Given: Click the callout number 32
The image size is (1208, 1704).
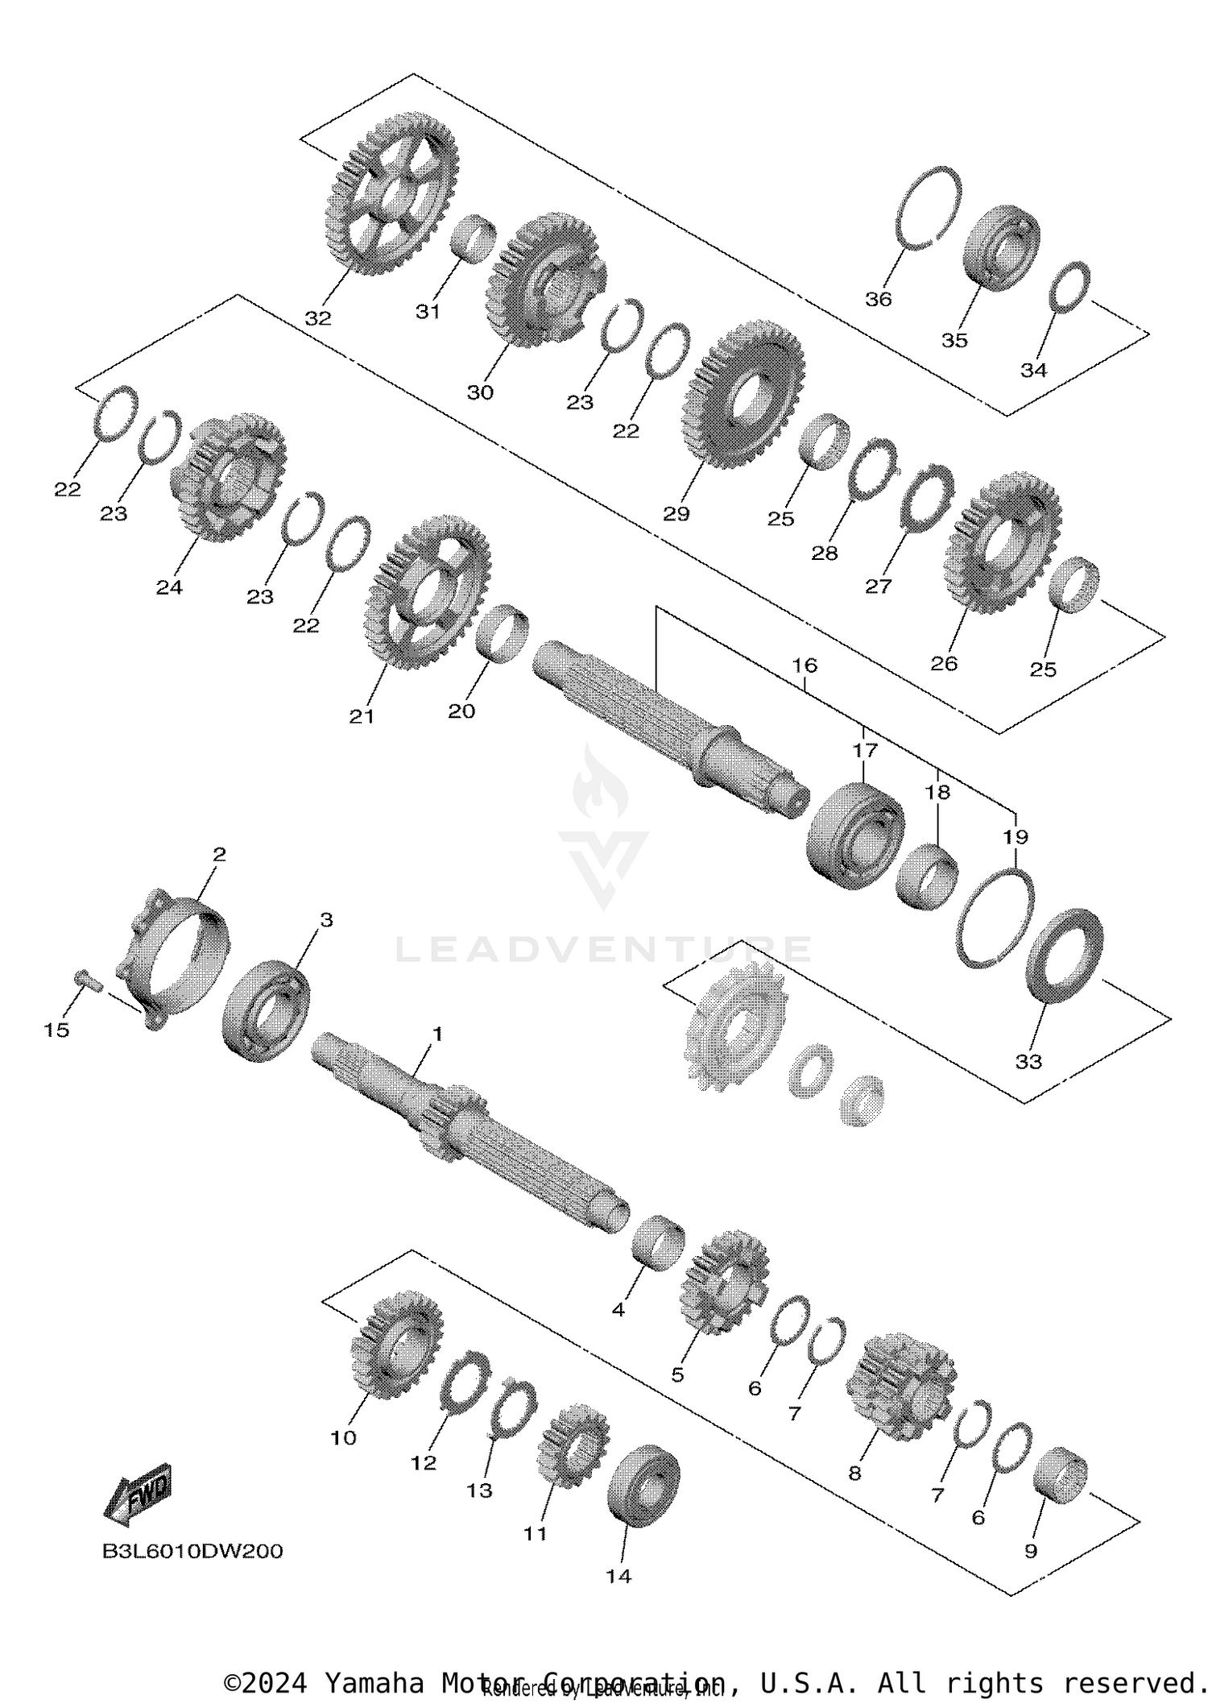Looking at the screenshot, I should pos(318,318).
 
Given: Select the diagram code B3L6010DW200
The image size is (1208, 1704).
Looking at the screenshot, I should pos(192,1551).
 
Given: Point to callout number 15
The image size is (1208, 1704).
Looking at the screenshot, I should pos(56,1030).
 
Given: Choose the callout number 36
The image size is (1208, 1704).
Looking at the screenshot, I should pos(879,299).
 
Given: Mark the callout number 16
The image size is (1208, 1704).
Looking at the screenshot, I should pos(805,665).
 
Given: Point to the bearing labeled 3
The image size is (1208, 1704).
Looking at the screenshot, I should pos(266,1010).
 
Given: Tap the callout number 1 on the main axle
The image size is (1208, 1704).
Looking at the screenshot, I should pos(437,1034).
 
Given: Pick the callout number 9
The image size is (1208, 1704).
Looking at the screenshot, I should pos(1031,1551).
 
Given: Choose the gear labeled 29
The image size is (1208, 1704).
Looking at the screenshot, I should pos(743,395).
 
